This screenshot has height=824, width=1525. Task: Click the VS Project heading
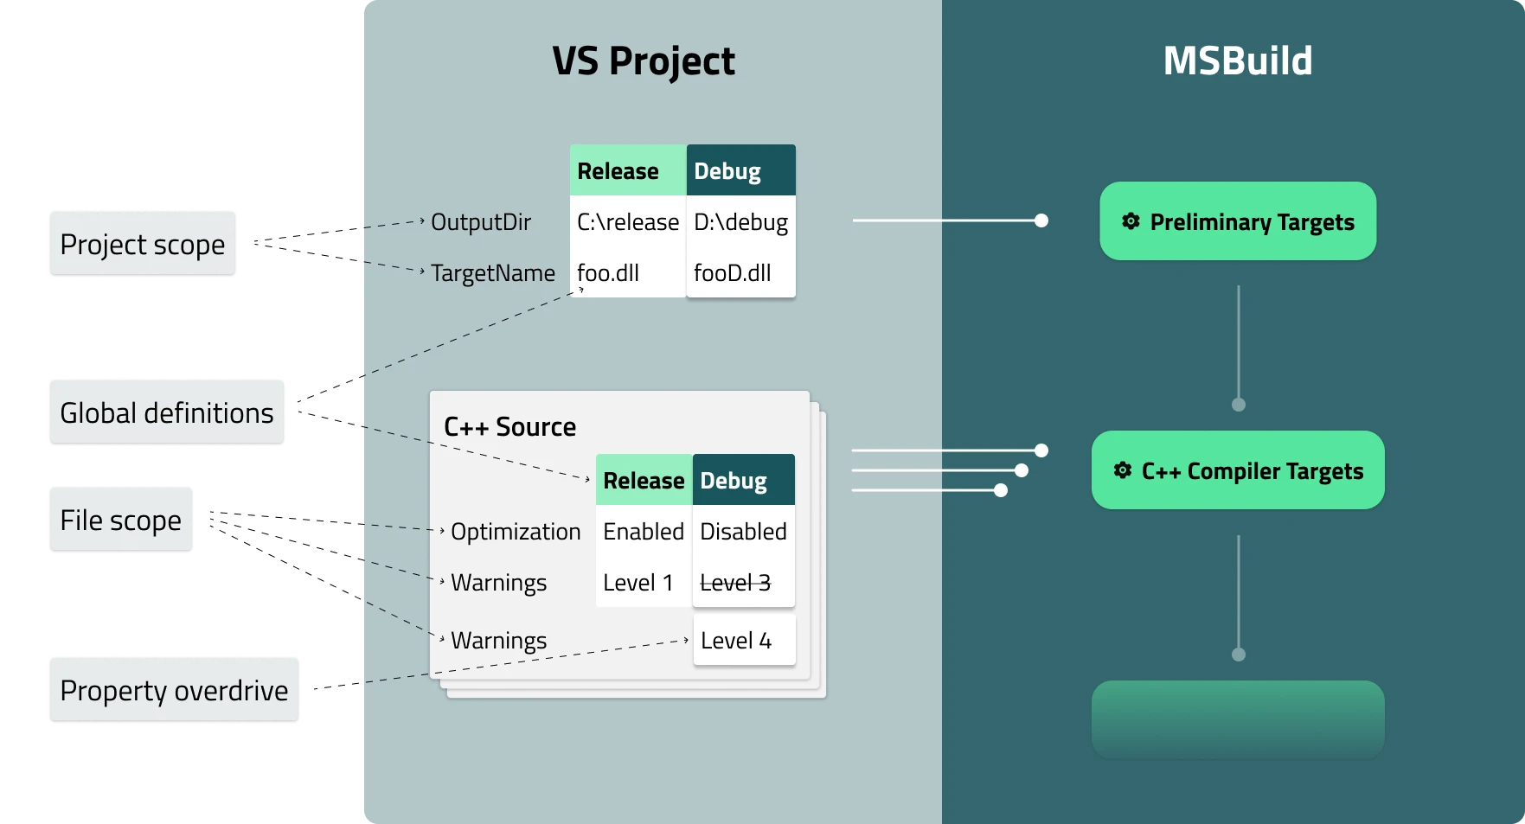pyautogui.click(x=644, y=61)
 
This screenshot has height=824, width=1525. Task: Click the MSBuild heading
pyautogui.click(x=1237, y=61)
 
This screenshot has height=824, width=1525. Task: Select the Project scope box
pyautogui.click(x=143, y=245)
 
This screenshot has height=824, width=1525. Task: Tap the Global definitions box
pyautogui.click(x=166, y=412)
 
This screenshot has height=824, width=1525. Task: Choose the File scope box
pyautogui.click(x=121, y=520)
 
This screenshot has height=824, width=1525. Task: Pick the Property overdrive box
pyautogui.click(x=174, y=690)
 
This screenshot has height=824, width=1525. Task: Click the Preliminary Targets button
pyautogui.click(x=1237, y=221)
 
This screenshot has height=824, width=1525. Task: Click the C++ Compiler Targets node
pyautogui.click(x=1237, y=470)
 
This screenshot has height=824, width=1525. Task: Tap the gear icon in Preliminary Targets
pyautogui.click(x=1131, y=221)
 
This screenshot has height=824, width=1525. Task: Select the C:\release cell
pyautogui.click(x=628, y=222)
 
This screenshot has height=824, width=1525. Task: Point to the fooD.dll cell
pyautogui.click(x=733, y=273)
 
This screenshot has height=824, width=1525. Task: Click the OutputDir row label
pyautogui.click(x=481, y=222)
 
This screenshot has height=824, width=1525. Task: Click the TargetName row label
pyautogui.click(x=493, y=273)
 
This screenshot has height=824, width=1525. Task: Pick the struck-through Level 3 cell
pyautogui.click(x=735, y=583)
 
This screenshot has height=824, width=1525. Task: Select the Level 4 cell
pyautogui.click(x=736, y=641)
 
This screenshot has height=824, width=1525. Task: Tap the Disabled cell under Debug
pyautogui.click(x=743, y=532)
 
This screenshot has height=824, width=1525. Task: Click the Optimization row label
pyautogui.click(x=516, y=532)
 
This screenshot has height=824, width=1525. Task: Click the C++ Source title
pyautogui.click(x=509, y=427)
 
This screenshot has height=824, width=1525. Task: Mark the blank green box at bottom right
pyautogui.click(x=1237, y=719)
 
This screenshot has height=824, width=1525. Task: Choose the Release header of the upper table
pyautogui.click(x=618, y=171)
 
